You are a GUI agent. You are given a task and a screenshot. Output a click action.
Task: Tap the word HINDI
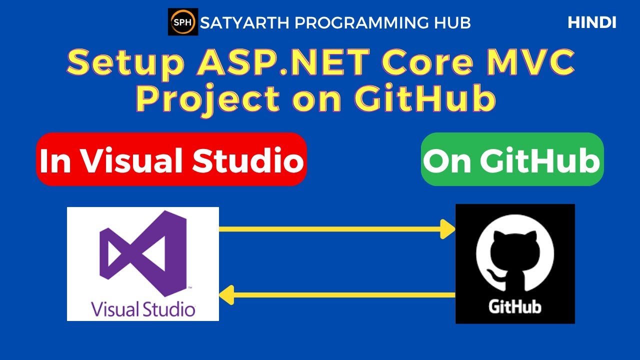[x=592, y=22]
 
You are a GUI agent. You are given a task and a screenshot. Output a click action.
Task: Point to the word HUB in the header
[x=452, y=22]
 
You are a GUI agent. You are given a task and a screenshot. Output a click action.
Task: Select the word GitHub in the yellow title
[x=424, y=98]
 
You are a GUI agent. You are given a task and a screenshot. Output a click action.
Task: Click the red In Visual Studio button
[x=171, y=159]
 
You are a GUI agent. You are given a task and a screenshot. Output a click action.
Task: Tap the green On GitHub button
[x=512, y=159]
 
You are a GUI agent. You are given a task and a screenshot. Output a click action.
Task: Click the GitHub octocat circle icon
[x=514, y=255]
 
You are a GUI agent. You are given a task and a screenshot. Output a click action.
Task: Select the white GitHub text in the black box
[x=514, y=306]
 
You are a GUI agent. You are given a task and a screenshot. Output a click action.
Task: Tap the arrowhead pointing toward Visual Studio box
[x=226, y=294]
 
